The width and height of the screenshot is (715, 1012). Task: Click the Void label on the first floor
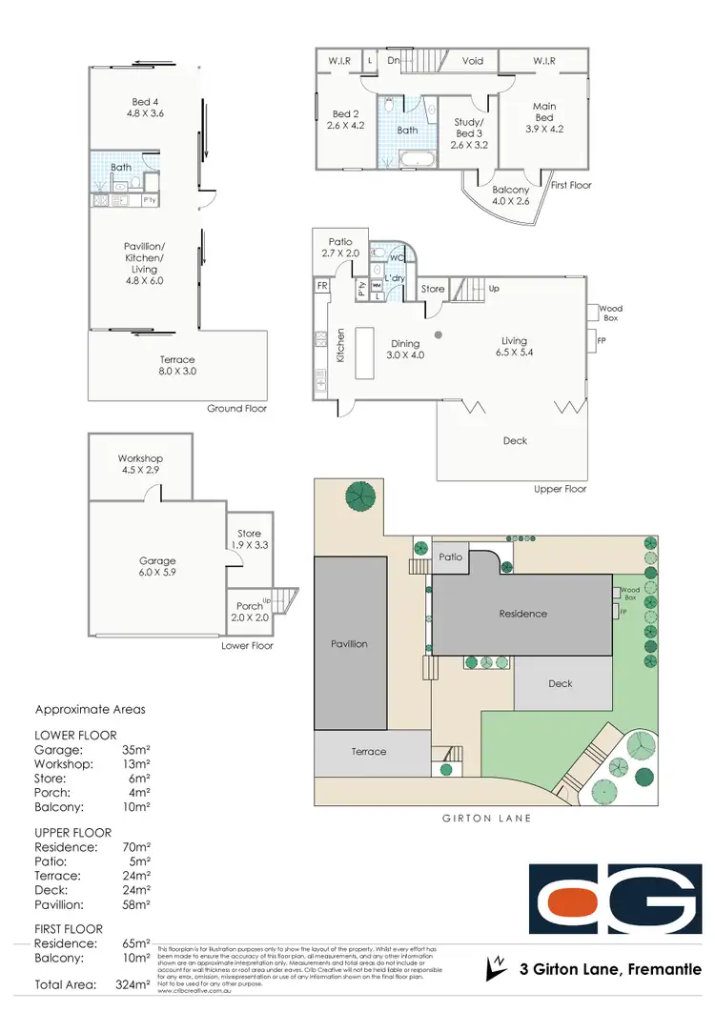point(472,61)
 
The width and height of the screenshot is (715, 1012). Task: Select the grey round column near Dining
point(439,334)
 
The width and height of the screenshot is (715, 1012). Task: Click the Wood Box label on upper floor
point(610,314)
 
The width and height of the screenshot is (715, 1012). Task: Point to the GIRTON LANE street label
point(487,818)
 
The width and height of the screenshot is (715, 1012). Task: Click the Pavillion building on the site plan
point(350,644)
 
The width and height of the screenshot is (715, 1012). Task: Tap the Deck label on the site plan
point(560,683)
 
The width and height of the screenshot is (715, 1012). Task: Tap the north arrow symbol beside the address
point(494,968)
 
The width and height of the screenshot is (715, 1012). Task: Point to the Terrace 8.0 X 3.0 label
point(178,366)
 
